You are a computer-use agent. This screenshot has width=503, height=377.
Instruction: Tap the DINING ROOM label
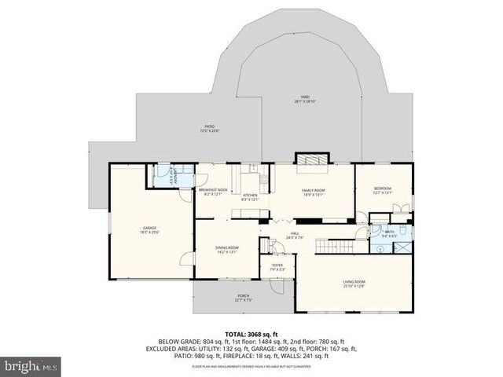tap(227, 249)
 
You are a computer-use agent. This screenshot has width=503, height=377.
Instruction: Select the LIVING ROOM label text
tap(354, 283)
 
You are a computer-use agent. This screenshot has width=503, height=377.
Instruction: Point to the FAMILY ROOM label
tap(313, 192)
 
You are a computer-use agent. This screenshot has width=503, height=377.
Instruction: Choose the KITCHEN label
tap(250, 197)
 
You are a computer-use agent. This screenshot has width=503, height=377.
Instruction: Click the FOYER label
tap(277, 267)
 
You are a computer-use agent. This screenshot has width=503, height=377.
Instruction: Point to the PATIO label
tap(210, 127)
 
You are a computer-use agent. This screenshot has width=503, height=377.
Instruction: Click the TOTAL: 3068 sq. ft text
tap(251, 333)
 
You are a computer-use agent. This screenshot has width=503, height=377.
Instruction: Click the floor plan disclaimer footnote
tap(251, 366)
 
